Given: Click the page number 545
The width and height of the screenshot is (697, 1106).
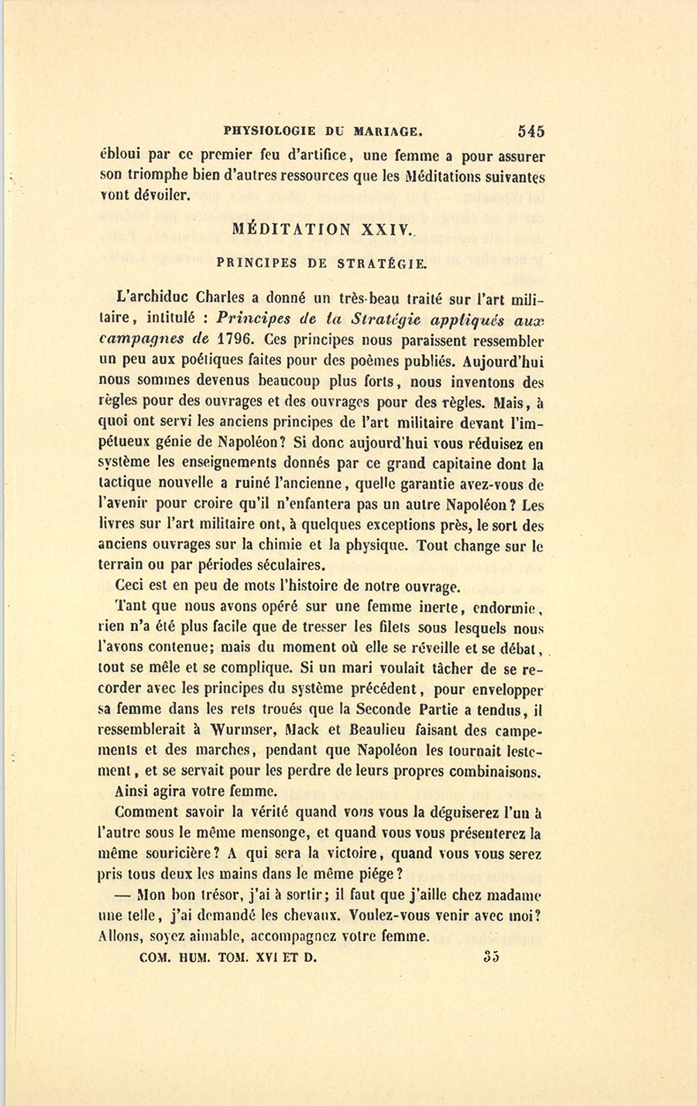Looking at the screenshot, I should pyautogui.click(x=527, y=131).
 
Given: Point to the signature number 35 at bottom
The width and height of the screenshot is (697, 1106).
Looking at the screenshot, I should pyautogui.click(x=491, y=957).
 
